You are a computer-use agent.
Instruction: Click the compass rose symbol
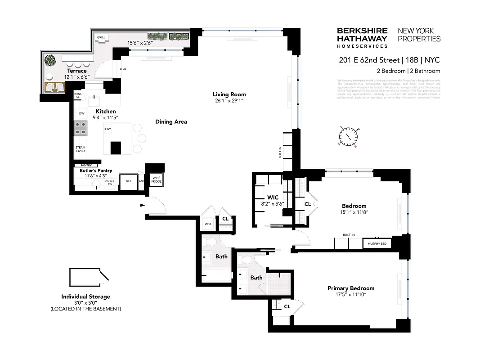click(x=348, y=136)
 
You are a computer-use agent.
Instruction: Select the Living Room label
click(x=229, y=94)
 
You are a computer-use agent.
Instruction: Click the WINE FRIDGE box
click(x=156, y=180)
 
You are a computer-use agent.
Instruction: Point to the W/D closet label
click(x=208, y=223)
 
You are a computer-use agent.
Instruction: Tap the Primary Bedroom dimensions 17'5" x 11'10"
click(x=351, y=295)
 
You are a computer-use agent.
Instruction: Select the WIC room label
click(x=273, y=198)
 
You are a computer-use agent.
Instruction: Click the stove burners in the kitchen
click(x=81, y=129)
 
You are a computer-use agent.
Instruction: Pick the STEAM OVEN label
click(x=81, y=149)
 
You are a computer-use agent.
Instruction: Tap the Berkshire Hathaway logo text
click(x=362, y=38)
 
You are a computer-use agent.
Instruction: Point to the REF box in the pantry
click(x=129, y=182)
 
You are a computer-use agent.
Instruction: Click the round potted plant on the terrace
click(x=49, y=60)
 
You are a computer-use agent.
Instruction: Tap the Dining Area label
click(x=171, y=121)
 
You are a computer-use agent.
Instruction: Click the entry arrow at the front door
click(x=143, y=205)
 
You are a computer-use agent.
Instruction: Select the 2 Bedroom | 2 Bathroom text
click(x=408, y=71)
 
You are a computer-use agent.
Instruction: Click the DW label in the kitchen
click(x=82, y=114)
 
